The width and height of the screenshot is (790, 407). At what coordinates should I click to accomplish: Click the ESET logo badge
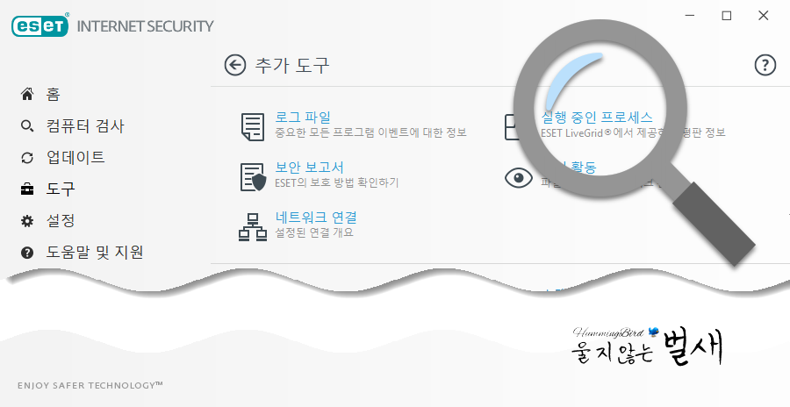(x=40, y=26)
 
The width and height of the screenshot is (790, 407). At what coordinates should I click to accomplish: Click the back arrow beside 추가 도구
(x=234, y=65)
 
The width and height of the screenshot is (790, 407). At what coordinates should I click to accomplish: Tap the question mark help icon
(x=765, y=65)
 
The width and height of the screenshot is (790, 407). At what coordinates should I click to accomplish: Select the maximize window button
(x=726, y=16)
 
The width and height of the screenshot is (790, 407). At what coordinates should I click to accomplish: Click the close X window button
(x=765, y=16)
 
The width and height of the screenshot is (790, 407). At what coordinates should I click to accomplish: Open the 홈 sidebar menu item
(x=53, y=94)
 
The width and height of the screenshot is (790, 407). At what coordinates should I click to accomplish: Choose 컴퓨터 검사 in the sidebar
(x=85, y=125)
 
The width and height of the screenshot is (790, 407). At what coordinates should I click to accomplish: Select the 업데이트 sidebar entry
(x=75, y=157)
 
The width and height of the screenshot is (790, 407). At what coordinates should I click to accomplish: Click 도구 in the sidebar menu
(x=61, y=189)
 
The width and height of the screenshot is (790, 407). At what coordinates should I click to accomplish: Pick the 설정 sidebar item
(x=61, y=220)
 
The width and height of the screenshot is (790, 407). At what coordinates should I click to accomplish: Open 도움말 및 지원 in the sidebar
(x=95, y=252)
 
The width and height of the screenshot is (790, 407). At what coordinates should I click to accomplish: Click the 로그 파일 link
(x=303, y=117)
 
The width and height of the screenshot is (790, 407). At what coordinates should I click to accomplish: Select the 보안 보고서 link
(x=309, y=167)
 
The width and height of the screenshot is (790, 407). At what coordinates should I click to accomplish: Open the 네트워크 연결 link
(x=316, y=217)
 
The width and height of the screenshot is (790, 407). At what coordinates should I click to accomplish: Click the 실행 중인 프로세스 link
(x=597, y=117)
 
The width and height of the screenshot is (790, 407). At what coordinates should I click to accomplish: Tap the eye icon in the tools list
(x=519, y=178)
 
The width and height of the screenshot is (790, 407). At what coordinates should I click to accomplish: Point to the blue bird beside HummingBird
(x=653, y=332)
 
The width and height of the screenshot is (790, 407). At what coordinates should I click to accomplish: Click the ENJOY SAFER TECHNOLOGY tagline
(x=90, y=385)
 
